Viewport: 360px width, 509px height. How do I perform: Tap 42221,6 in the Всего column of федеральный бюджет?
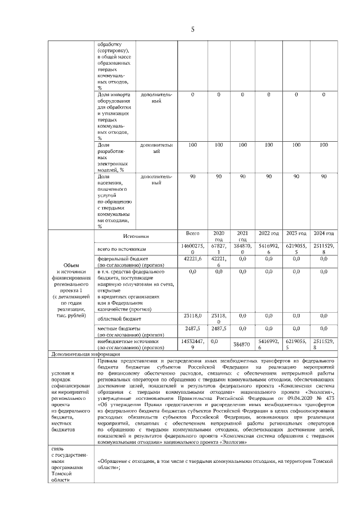point(192,259)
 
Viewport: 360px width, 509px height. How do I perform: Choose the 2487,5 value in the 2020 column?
point(219,328)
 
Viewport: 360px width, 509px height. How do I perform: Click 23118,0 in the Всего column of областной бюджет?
point(192,316)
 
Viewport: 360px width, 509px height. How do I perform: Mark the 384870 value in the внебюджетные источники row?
point(242,344)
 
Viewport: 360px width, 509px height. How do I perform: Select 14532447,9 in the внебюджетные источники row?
point(192,344)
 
